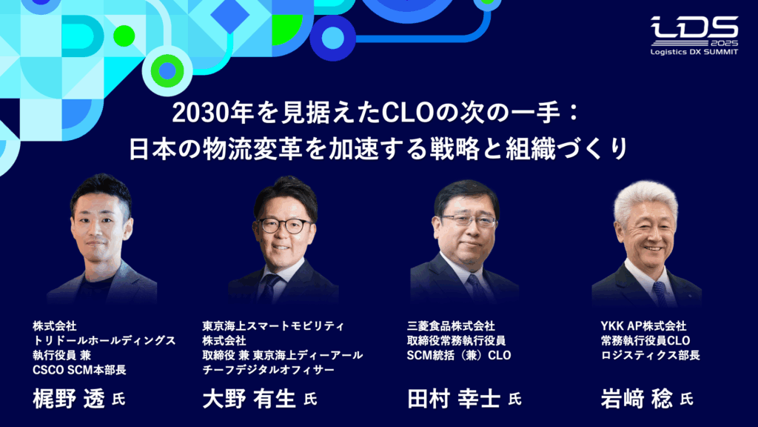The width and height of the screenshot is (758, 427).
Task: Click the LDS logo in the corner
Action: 694,30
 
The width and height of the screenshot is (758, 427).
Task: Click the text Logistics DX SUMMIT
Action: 694,53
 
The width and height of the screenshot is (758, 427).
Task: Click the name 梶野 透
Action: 70,399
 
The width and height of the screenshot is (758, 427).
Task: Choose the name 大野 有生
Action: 250,399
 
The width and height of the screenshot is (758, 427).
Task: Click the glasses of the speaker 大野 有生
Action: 285,225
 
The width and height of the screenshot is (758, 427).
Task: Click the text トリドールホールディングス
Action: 104,340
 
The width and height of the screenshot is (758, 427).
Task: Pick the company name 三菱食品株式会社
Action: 451,325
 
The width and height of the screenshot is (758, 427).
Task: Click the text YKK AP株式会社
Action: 643,325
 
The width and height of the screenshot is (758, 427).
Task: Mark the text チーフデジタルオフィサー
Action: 269,370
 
